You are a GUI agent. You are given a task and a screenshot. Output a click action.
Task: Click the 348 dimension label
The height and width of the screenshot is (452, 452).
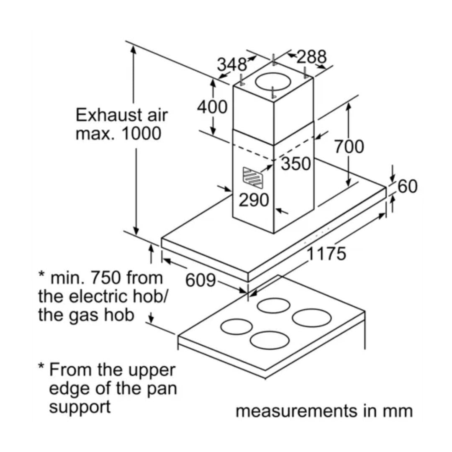(x=231, y=64)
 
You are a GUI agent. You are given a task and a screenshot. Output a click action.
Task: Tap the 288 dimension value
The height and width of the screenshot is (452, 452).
(x=311, y=56)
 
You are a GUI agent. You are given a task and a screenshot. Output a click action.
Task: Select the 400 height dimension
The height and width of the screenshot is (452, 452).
(x=212, y=107)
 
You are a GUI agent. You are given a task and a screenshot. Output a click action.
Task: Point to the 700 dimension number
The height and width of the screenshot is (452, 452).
(x=349, y=146)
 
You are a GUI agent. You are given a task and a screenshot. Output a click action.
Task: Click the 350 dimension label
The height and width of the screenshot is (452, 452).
(x=296, y=164)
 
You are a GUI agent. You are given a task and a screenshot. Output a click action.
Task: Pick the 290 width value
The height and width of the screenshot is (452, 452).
(x=254, y=200)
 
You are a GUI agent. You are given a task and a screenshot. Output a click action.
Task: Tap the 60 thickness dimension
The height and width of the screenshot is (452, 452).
(x=408, y=186)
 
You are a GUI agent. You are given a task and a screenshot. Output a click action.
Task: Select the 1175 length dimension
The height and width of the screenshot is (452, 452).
(x=327, y=254)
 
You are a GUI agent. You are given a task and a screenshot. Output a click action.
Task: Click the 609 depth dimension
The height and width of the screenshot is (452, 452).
(x=200, y=280)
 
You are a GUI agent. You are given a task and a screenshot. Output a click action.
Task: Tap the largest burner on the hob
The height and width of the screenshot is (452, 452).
(x=312, y=318)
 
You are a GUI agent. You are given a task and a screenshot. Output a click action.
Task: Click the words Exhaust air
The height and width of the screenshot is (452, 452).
(x=121, y=114)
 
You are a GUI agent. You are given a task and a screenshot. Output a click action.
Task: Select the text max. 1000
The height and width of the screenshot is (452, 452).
(x=118, y=134)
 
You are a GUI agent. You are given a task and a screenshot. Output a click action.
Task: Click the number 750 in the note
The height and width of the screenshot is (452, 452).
(x=106, y=277)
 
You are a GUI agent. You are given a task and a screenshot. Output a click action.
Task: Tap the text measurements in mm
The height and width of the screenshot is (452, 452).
(x=324, y=411)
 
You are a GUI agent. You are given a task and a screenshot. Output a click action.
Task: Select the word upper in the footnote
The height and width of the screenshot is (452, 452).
(x=151, y=370)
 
